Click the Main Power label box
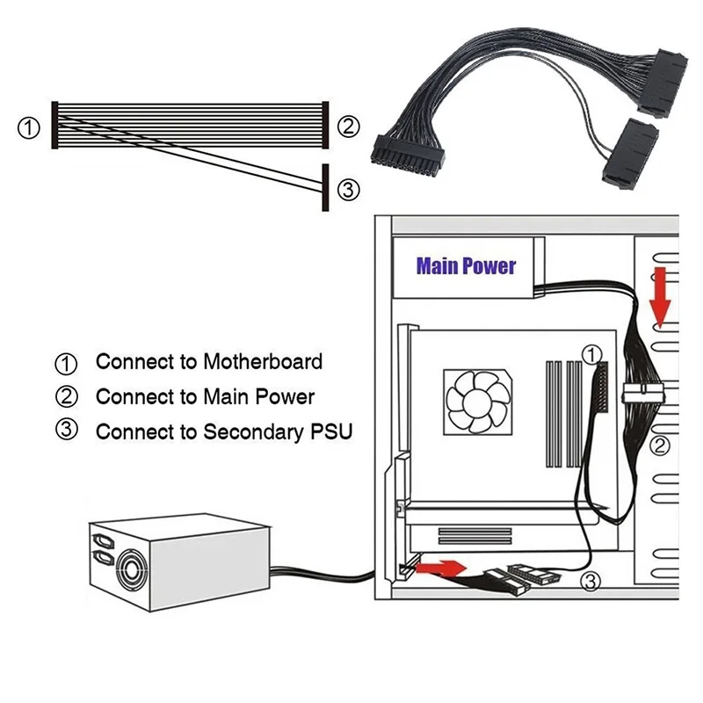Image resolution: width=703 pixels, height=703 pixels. pos(466,266)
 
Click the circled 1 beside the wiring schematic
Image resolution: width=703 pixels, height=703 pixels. pos(29,127)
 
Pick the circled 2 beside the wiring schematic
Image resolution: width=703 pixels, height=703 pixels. pos(349,127)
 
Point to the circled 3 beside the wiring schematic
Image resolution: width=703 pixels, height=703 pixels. pos(349,189)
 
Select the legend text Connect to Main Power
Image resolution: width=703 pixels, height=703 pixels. pos(204,396)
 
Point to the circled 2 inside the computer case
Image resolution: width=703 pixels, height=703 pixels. pos(661,446)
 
